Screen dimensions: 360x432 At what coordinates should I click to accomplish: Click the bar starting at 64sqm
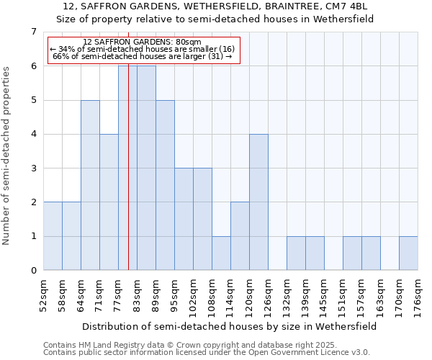(90, 185)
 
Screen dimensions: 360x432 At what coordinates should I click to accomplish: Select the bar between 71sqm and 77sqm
(109, 202)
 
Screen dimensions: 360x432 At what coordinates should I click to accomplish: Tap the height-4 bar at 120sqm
(258, 202)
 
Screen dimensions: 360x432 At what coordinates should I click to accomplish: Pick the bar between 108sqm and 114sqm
(221, 253)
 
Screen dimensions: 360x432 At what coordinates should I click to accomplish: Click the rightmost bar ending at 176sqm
(408, 253)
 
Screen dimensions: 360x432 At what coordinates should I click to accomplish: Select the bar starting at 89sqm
(165, 185)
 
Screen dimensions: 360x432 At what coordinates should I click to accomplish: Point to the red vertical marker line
(128, 180)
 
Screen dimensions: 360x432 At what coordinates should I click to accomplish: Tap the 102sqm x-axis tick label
(194, 295)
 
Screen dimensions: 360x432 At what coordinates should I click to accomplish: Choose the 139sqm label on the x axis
(306, 295)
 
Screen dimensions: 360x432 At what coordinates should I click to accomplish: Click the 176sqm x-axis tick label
(418, 295)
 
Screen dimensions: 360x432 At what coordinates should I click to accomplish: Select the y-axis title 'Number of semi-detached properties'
(7, 156)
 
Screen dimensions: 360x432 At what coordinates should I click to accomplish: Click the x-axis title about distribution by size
(230, 326)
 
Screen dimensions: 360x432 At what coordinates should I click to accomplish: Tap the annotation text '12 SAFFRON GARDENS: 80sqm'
(142, 42)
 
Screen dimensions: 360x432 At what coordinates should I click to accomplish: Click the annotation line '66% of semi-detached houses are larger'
(142, 56)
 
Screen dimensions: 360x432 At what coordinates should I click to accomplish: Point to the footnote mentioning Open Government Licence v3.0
(207, 353)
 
